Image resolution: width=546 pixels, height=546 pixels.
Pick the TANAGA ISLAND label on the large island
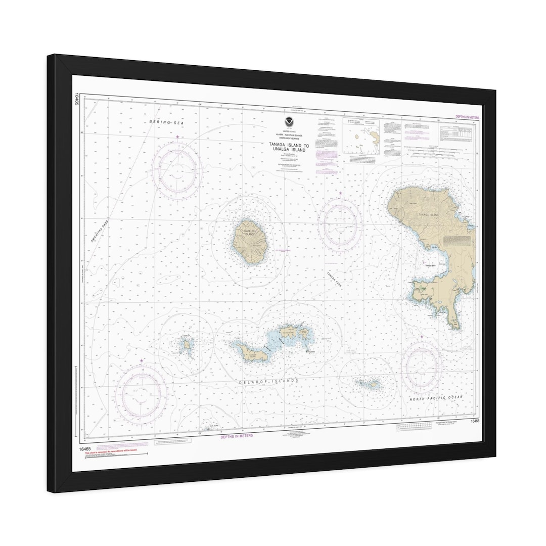point(428,215)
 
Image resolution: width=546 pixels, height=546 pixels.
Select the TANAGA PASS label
point(334,279)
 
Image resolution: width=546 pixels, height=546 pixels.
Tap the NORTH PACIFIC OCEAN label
point(443,399)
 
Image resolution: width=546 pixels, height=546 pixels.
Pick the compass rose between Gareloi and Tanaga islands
point(340,223)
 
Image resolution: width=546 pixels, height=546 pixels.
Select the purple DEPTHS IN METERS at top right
point(467,117)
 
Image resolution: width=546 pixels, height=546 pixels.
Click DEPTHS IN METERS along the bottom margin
point(237,435)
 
